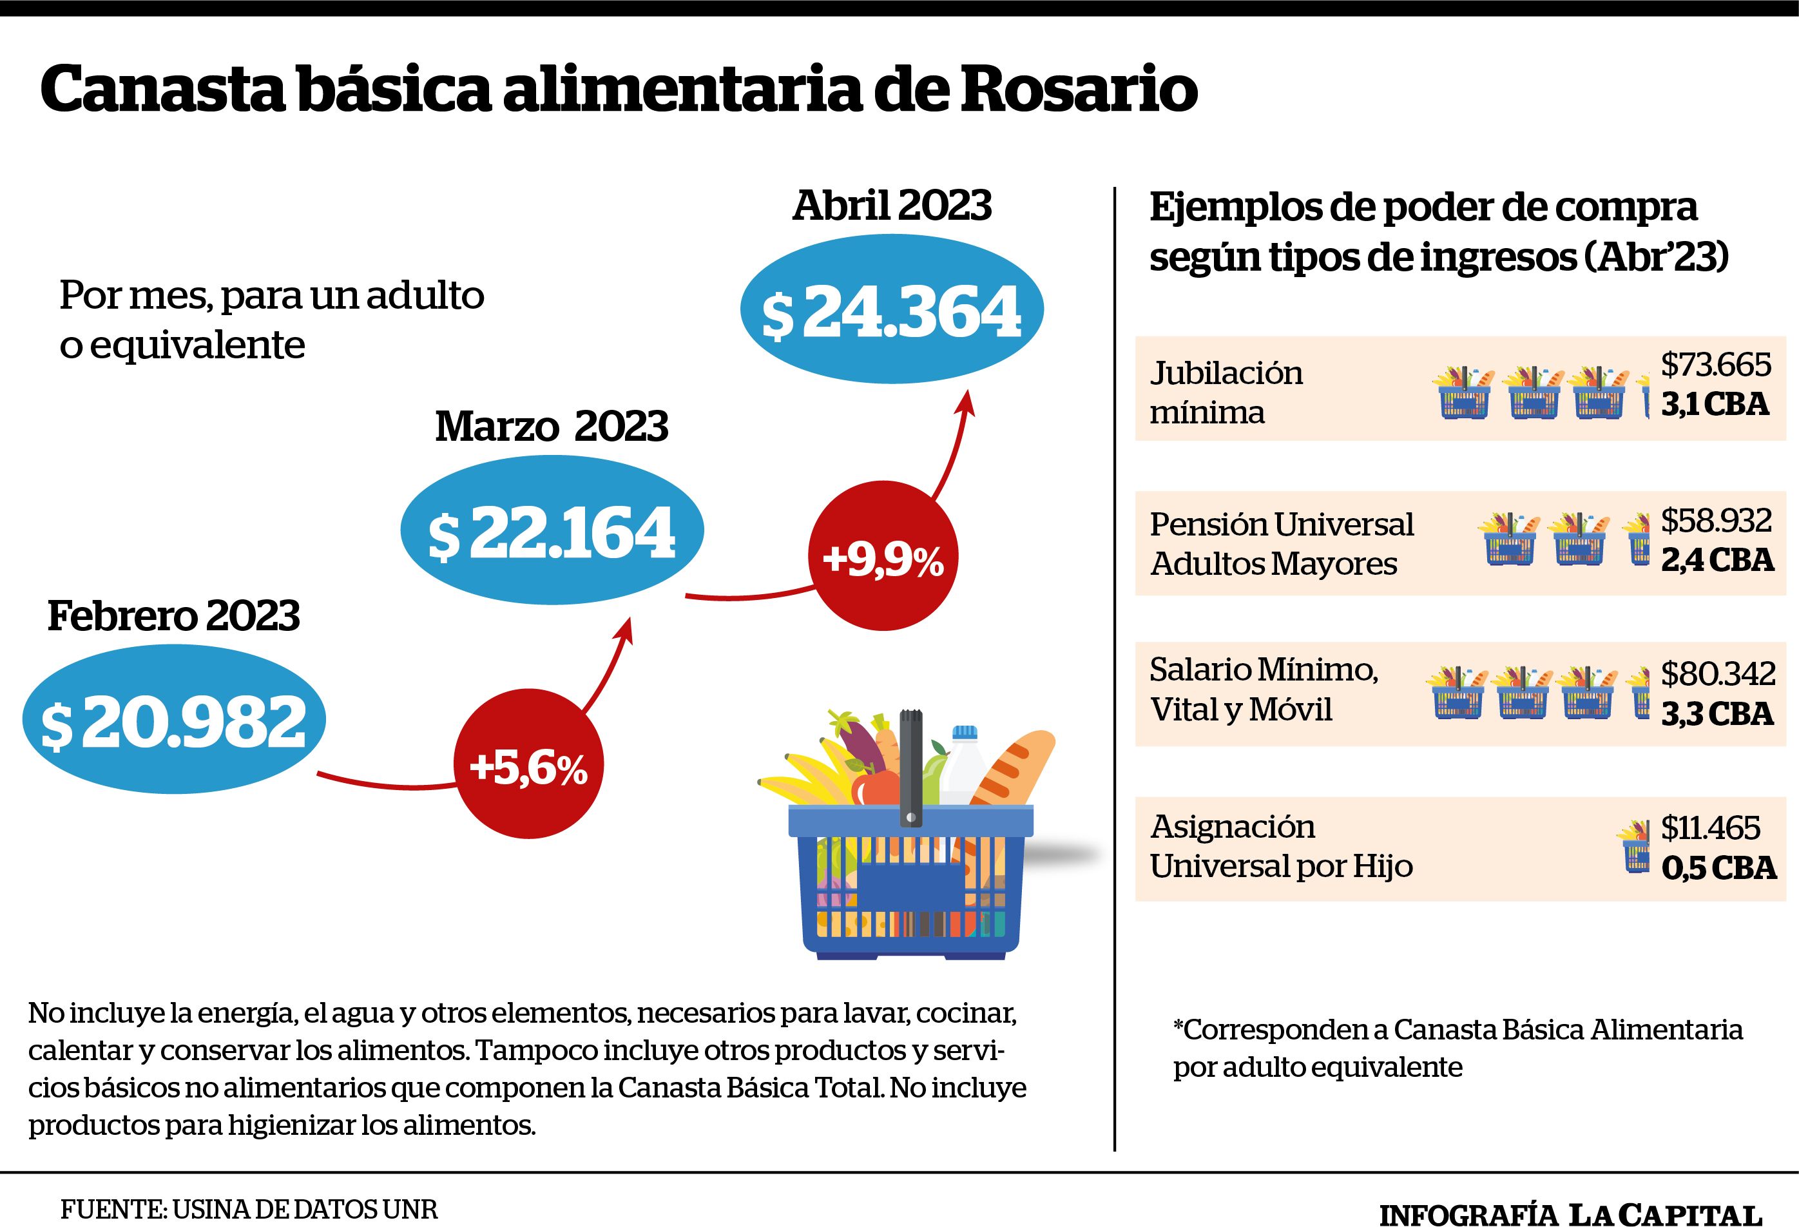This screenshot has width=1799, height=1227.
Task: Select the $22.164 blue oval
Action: [552, 530]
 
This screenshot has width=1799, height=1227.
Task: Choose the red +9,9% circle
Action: [883, 557]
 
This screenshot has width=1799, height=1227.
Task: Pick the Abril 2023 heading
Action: [892, 206]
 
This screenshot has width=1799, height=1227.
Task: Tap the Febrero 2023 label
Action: [173, 616]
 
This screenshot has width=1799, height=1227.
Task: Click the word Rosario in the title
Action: [1079, 90]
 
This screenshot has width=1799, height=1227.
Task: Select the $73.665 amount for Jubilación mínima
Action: [1716, 365]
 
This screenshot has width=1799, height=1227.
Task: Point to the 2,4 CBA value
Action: [1717, 560]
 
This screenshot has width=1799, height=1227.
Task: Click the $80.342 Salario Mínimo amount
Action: [1718, 674]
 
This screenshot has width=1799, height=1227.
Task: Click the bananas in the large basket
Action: [805, 778]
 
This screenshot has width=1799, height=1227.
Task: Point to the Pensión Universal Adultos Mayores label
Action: [1282, 543]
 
